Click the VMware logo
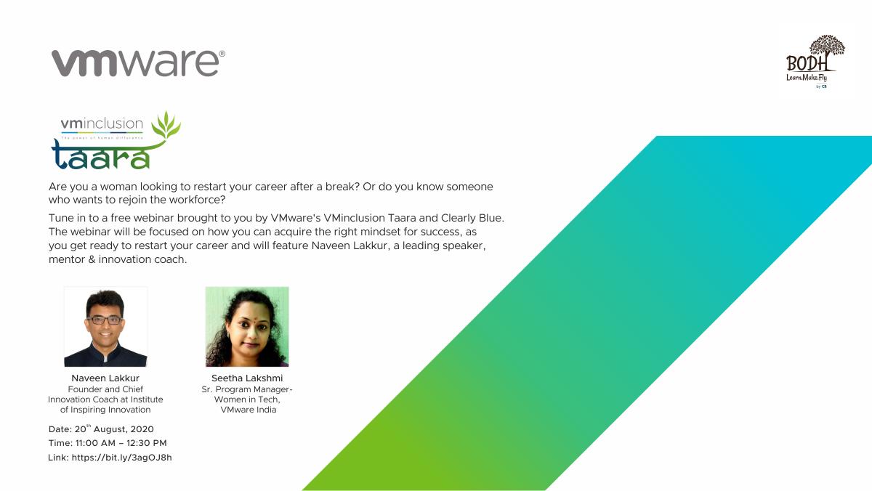click(x=138, y=63)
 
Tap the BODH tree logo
click(x=816, y=62)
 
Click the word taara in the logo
click(x=100, y=155)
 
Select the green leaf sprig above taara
click(x=166, y=125)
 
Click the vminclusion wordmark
click(x=102, y=123)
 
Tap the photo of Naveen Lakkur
click(x=105, y=327)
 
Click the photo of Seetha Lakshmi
click(x=247, y=327)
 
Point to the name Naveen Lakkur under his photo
click(x=105, y=378)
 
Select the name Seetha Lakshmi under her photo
click(x=247, y=378)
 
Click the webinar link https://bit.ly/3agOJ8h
click(x=122, y=458)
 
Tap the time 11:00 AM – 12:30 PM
click(x=121, y=443)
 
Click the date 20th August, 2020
click(x=114, y=429)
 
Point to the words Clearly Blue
click(x=471, y=218)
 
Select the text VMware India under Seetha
click(x=249, y=410)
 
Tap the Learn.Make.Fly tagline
click(x=806, y=78)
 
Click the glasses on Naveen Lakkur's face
click(x=105, y=320)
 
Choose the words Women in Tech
click(x=247, y=399)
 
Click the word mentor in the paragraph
click(x=67, y=259)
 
